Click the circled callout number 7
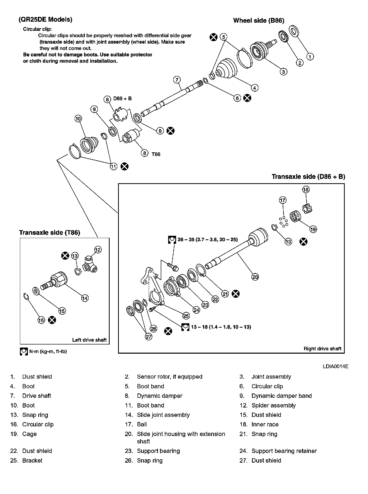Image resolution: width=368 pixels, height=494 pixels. tap(177, 80)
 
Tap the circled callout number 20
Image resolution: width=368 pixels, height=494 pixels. tap(255, 277)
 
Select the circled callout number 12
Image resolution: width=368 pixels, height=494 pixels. tap(98, 250)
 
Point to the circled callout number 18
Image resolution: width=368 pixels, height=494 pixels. tap(306, 189)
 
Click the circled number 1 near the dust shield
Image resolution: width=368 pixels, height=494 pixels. tap(310, 56)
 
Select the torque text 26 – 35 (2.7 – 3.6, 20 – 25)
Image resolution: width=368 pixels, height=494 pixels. tap(208, 240)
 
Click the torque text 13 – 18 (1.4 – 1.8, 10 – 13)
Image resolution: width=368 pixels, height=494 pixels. tap(221, 327)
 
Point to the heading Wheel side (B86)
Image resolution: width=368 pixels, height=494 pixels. tap(259, 20)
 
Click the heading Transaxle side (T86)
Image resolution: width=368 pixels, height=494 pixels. tap(50, 232)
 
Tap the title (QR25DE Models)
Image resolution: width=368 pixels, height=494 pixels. tap(45, 19)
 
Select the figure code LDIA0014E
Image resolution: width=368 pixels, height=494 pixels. tap(335, 366)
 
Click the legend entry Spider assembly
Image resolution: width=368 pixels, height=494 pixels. tap(273, 405)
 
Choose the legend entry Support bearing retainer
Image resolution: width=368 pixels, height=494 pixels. tap(284, 451)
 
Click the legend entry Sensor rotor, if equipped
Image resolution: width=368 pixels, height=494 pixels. tap(169, 377)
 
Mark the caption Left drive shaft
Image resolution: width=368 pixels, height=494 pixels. tap(89, 340)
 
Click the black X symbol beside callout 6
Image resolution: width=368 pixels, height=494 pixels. tap(247, 98)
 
